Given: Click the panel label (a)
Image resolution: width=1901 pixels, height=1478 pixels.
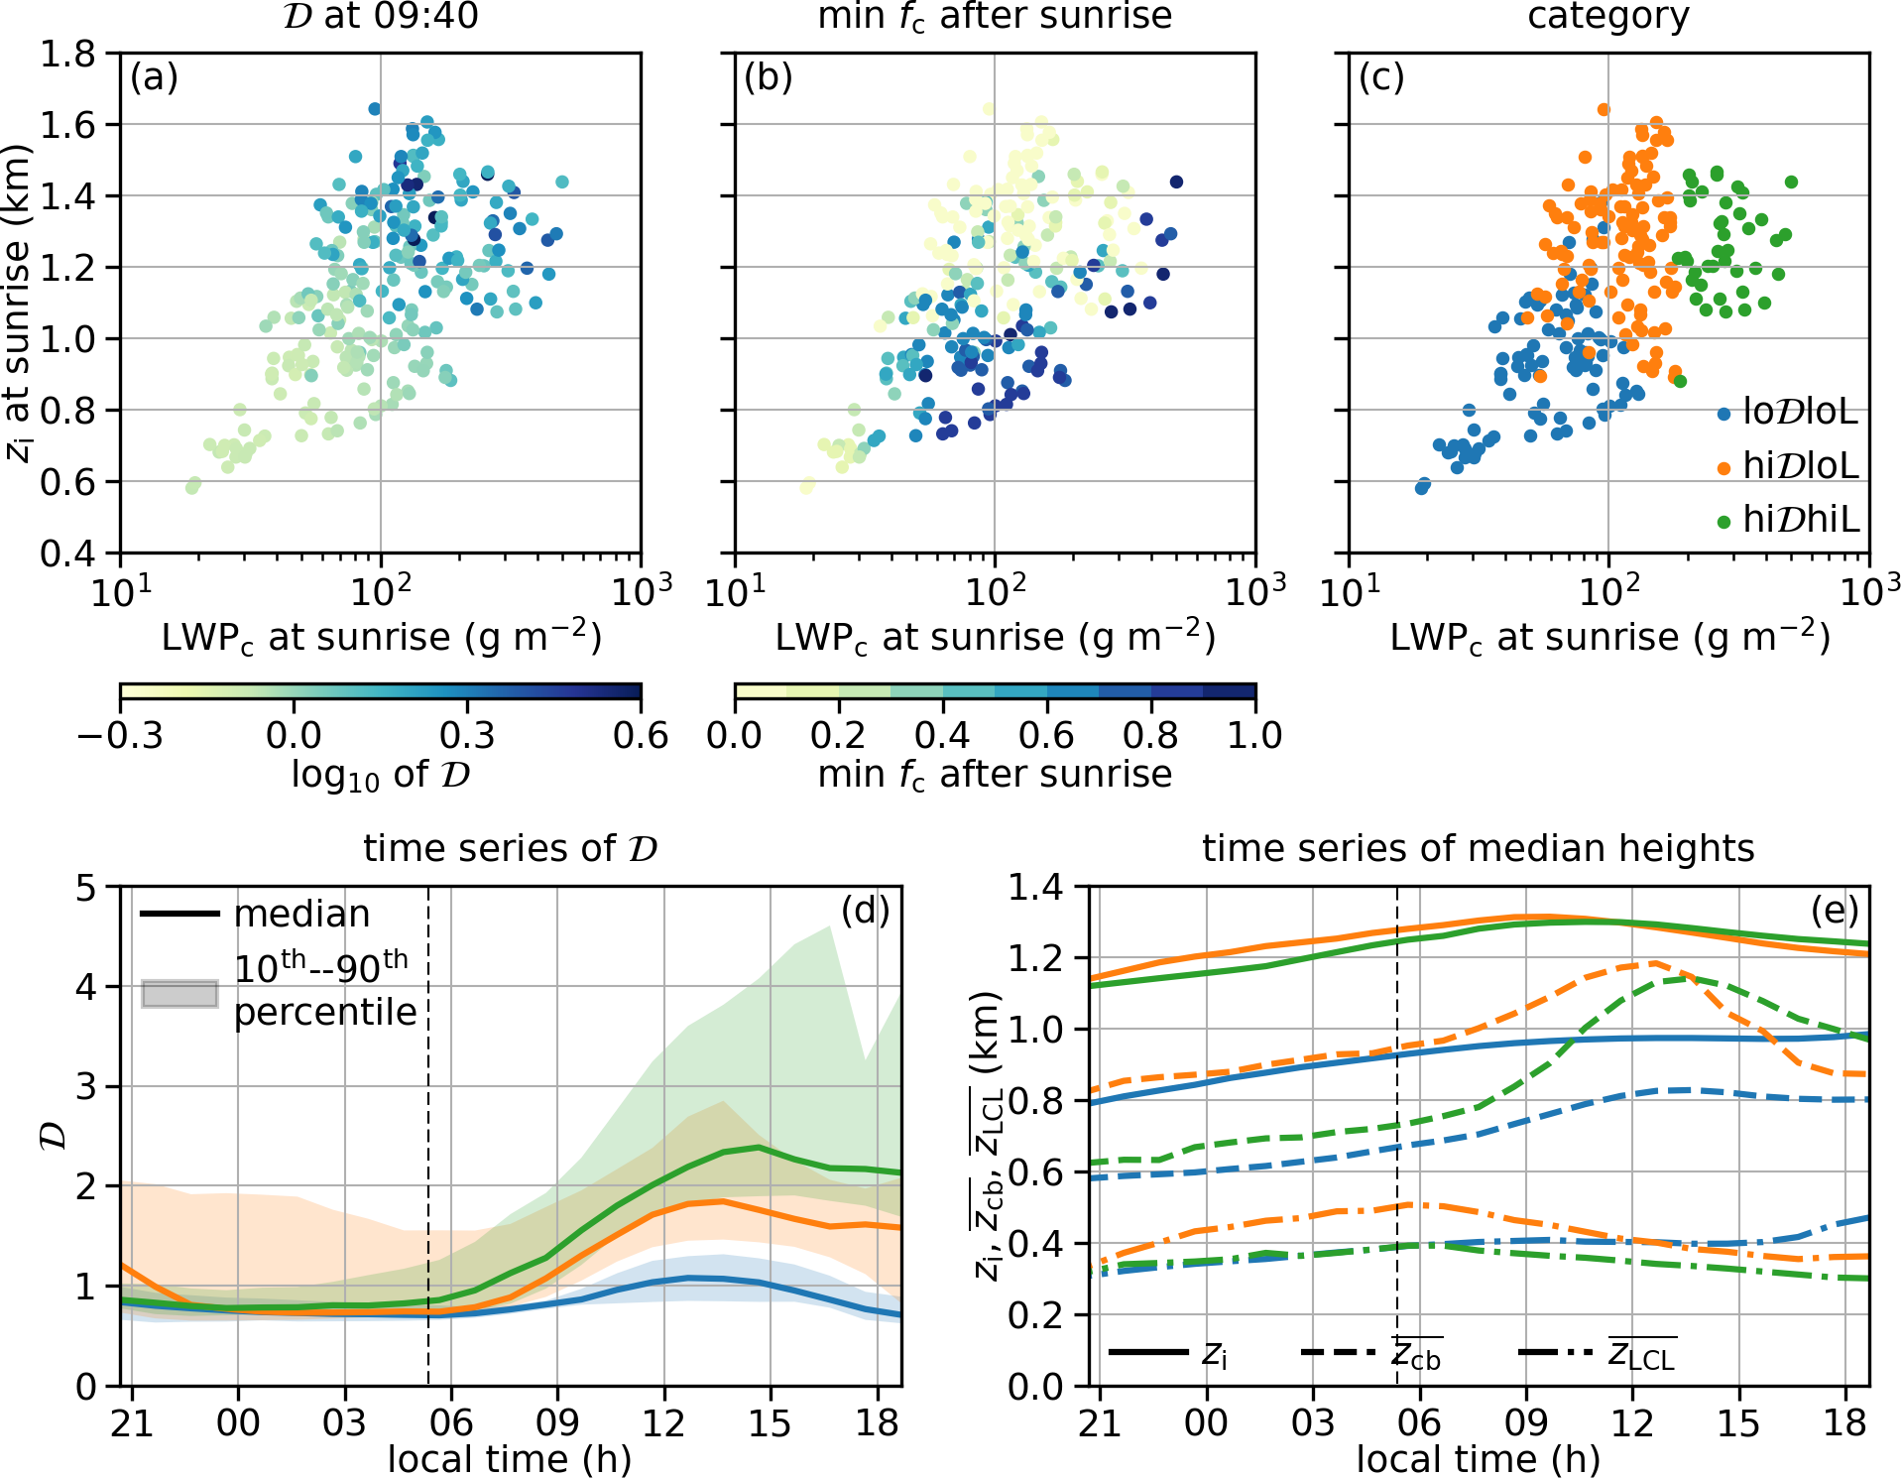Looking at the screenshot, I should (x=154, y=77).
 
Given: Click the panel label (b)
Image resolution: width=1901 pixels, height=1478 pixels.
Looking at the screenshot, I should (x=768, y=77).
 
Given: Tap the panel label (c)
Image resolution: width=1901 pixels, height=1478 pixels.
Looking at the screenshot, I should (x=1381, y=77).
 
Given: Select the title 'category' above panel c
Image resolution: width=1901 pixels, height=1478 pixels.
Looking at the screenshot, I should (x=1607, y=17).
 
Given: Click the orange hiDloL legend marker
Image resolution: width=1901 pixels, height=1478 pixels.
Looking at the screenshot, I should (x=1723, y=467).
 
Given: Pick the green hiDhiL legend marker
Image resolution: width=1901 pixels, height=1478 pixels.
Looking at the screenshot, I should (x=1723, y=521).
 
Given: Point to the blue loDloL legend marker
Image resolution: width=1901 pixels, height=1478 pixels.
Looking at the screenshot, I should (x=1723, y=414).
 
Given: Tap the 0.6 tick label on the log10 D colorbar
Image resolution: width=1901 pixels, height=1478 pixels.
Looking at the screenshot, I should (x=641, y=736).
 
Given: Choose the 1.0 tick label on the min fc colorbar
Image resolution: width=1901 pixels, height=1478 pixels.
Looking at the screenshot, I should (x=1255, y=736).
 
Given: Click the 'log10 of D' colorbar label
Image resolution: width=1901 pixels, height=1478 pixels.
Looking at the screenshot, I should (x=380, y=775).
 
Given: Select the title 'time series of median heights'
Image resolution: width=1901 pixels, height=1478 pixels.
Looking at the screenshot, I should (x=1478, y=849).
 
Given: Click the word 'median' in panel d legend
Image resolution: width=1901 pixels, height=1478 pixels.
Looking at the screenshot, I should (x=301, y=914).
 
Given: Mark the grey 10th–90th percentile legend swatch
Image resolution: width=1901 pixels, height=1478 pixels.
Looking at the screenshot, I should (x=179, y=993).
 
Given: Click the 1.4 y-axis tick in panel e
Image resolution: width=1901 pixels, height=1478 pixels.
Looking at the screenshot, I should (x=1035, y=887).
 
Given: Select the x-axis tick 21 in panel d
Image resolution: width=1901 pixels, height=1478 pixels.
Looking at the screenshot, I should (x=131, y=1422).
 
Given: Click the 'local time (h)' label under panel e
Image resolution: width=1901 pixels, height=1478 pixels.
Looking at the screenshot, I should (x=1478, y=1459).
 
